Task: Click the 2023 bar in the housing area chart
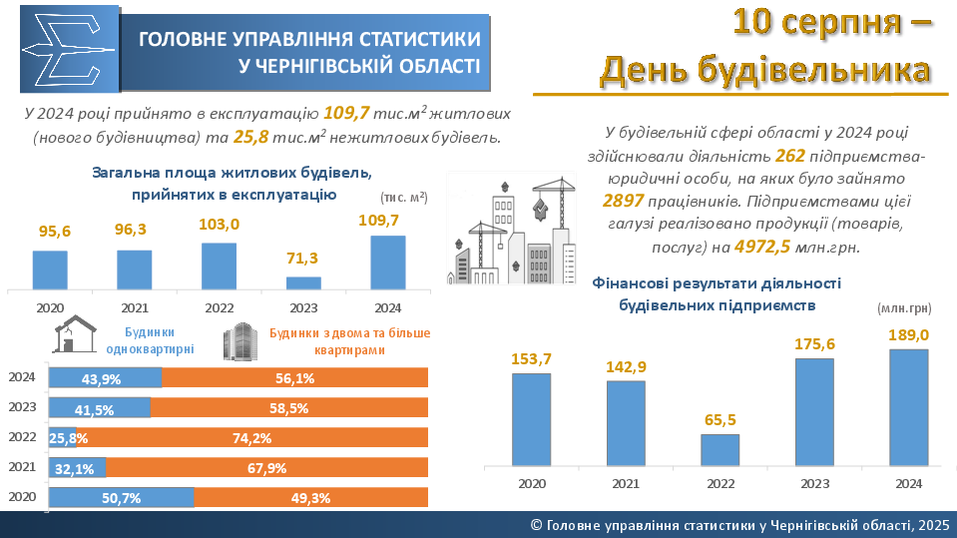point(303,282)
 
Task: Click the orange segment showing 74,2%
point(252,437)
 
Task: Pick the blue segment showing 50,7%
point(121,497)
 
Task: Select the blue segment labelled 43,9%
point(105,378)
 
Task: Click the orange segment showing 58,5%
point(289,408)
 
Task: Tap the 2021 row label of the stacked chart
point(22,467)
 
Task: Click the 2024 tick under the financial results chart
point(908,484)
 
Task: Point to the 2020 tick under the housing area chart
point(49,306)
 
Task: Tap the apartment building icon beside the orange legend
point(239,341)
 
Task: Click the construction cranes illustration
point(511,228)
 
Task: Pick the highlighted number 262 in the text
point(789,156)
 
